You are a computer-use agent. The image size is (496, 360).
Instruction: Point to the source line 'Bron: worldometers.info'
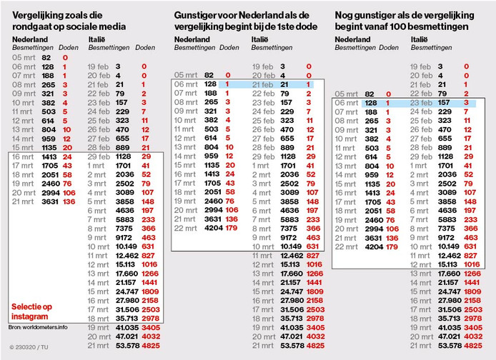39,327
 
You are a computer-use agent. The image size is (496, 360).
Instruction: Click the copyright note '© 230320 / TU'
29,348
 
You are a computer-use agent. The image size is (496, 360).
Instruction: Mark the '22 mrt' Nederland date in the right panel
349,246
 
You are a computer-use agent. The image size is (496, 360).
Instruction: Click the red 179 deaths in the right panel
390,246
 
